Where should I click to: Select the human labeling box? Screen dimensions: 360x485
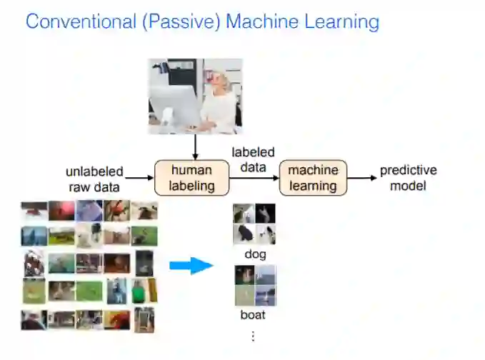coord(191,178)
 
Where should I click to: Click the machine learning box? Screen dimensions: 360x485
coord(313,178)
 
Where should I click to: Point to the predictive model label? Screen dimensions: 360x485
coord(408,178)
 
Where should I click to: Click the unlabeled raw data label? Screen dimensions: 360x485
coord(94,178)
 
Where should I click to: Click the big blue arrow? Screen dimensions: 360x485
coord(191,266)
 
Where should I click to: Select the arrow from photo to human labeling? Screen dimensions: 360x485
coord(194,146)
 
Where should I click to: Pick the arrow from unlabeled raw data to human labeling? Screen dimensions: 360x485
coord(140,178)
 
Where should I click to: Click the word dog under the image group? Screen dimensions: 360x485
coord(254,254)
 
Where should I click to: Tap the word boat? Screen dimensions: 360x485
coord(254,314)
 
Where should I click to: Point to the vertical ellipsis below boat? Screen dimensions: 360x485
coord(252,336)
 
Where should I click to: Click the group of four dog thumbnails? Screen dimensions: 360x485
coord(254,224)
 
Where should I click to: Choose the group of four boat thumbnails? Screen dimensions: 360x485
coord(255,286)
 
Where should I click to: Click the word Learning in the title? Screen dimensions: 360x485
coord(340,21)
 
